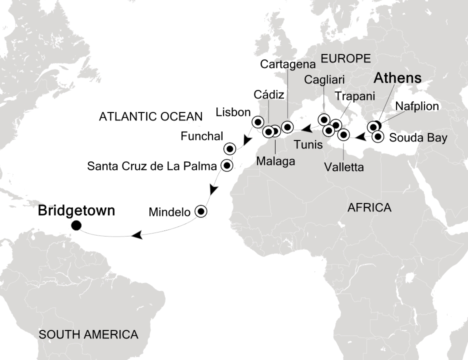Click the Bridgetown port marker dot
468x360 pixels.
click(76, 225)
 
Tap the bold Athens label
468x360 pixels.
click(397, 78)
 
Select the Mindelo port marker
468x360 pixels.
click(201, 211)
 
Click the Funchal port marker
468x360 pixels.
click(229, 148)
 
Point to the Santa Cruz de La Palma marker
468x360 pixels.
click(226, 165)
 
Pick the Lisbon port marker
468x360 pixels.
click(257, 121)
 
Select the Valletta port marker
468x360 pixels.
click(343, 134)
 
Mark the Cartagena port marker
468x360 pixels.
click(287, 126)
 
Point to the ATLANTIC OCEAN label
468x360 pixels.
click(150, 117)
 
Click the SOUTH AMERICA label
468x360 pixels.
click(88, 334)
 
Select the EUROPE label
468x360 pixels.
click(345, 57)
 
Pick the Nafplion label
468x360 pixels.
click(416, 106)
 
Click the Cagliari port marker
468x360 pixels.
click(324, 120)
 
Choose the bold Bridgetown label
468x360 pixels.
click(76, 211)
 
